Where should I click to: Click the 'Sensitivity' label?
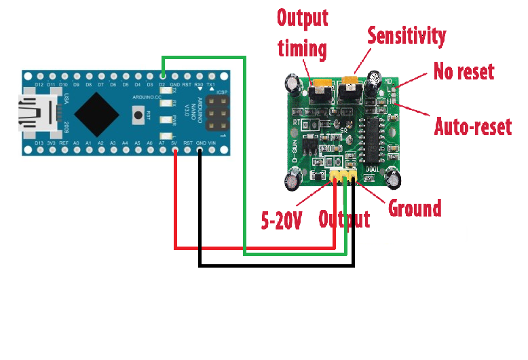[x=407, y=36]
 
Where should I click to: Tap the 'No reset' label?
[x=464, y=71]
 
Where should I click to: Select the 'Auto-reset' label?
[x=472, y=126]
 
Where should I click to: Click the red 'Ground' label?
[x=414, y=207]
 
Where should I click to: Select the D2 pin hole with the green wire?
[x=162, y=75]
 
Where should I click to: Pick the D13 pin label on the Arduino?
[x=39, y=143]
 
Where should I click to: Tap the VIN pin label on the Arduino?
[x=212, y=143]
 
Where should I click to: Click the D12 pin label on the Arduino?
[x=39, y=84]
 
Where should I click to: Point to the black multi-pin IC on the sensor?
[x=374, y=132]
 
